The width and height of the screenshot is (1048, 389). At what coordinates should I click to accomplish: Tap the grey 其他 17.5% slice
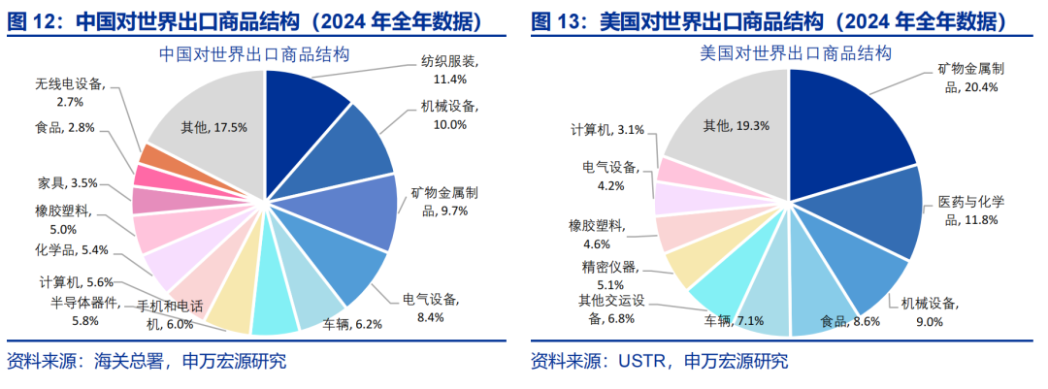pos(213,126)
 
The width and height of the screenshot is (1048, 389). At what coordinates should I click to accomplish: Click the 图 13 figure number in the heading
pos(557,20)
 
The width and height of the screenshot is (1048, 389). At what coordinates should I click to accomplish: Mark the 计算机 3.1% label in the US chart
pos(608,129)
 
